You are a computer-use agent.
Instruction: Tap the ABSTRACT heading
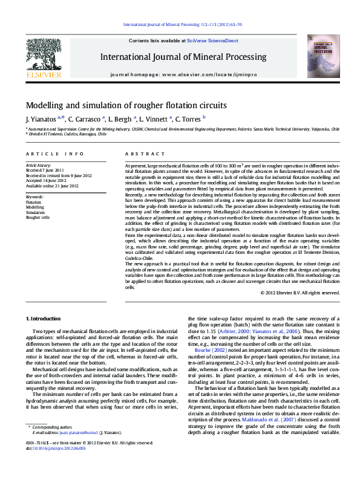[x=140, y=155]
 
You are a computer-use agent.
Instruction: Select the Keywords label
[x=34, y=197]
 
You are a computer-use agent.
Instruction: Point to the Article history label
[x=39, y=165]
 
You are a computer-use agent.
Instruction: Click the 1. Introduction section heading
[x=43, y=319]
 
